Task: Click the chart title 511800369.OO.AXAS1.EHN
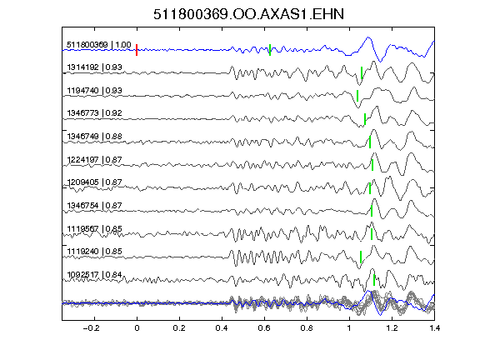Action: click(248, 14)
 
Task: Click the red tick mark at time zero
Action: click(137, 50)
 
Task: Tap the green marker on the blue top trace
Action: click(270, 50)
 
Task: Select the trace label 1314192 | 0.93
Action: click(95, 67)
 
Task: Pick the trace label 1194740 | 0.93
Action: click(95, 91)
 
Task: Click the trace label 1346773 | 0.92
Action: click(95, 113)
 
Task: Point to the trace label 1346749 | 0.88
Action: click(95, 136)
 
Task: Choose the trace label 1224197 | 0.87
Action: click(95, 159)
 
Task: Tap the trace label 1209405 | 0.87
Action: click(95, 182)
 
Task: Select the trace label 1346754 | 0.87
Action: click(95, 205)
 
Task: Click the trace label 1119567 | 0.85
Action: click(95, 228)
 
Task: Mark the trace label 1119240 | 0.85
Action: click(95, 252)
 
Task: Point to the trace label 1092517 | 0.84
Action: click(95, 275)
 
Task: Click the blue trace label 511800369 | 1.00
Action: click(99, 45)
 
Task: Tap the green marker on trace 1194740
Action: click(357, 96)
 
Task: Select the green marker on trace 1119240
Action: click(361, 257)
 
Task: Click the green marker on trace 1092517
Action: click(374, 280)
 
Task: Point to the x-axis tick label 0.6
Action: click(264, 328)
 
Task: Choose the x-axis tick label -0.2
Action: click(91, 328)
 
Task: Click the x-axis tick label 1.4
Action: click(434, 328)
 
